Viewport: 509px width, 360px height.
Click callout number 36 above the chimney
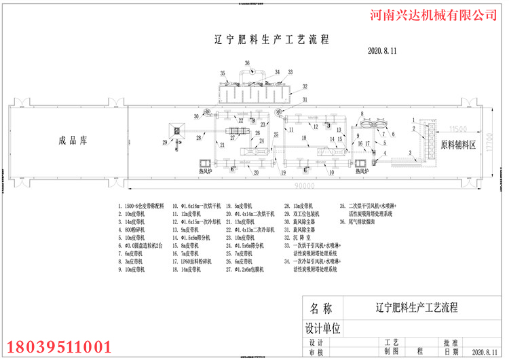[x=246, y=64]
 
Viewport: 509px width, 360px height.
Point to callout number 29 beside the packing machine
[x=164, y=141]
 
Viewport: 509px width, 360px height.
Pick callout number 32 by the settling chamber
[x=305, y=86]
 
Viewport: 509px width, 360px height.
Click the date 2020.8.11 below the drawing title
[x=381, y=50]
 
